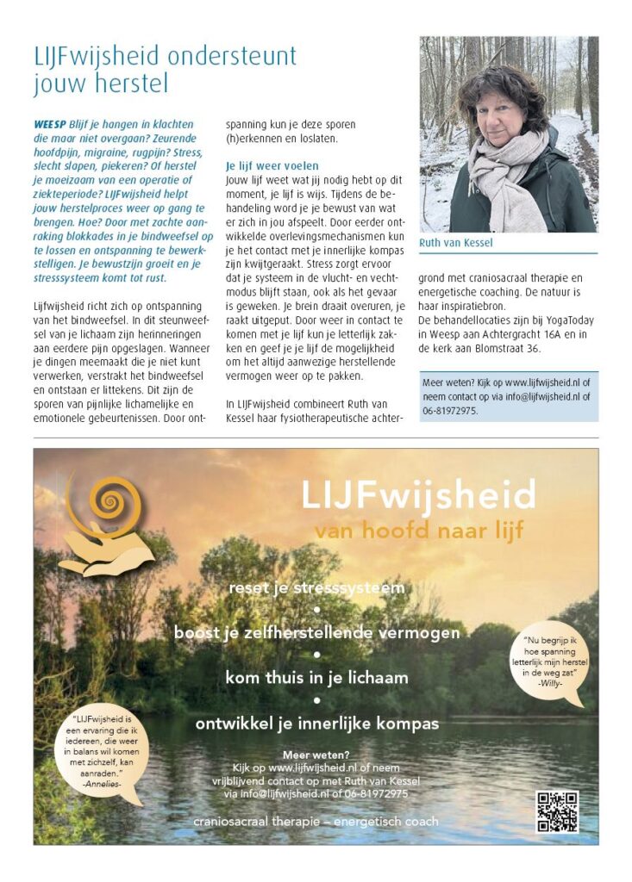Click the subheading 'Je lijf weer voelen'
[272, 165]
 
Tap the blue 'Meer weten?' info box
[508, 396]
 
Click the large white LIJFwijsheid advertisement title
[418, 495]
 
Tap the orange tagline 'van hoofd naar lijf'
[418, 531]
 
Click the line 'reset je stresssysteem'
[316, 589]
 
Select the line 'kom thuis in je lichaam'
[316, 678]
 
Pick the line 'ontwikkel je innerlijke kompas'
[316, 723]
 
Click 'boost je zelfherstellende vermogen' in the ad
[316, 633]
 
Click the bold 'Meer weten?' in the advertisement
[316, 755]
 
